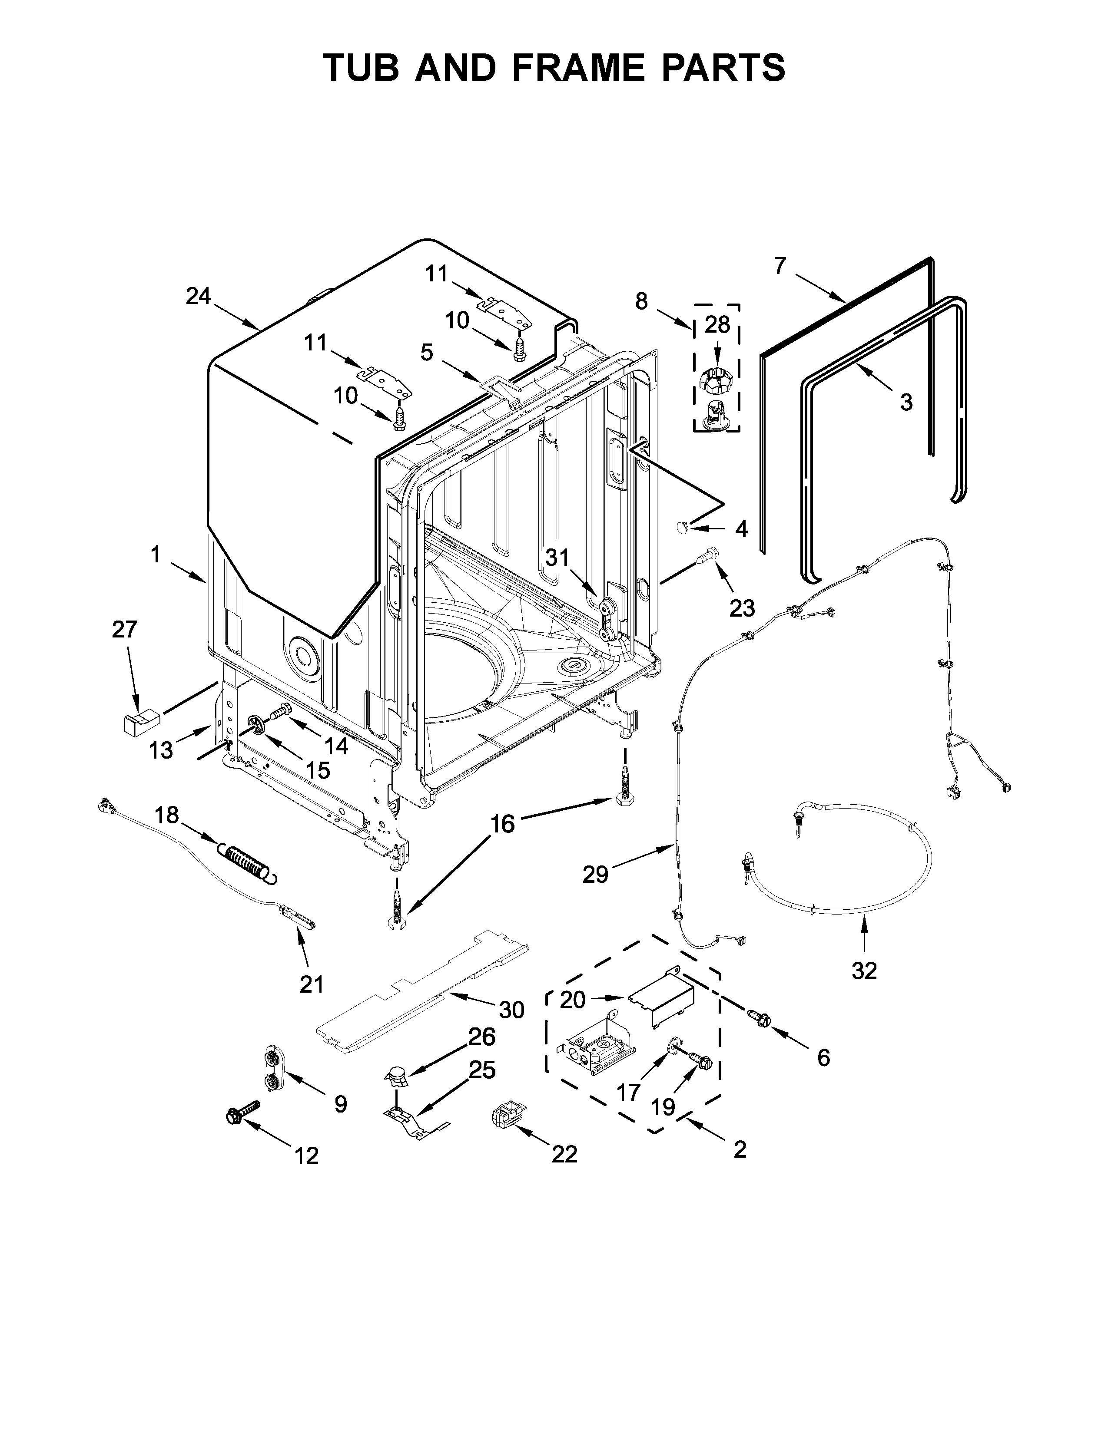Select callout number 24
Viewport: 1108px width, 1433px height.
(x=198, y=297)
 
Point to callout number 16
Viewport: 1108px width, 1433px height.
(x=503, y=823)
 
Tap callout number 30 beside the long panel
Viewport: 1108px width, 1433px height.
(x=511, y=1010)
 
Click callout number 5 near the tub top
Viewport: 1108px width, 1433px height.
(x=427, y=353)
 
